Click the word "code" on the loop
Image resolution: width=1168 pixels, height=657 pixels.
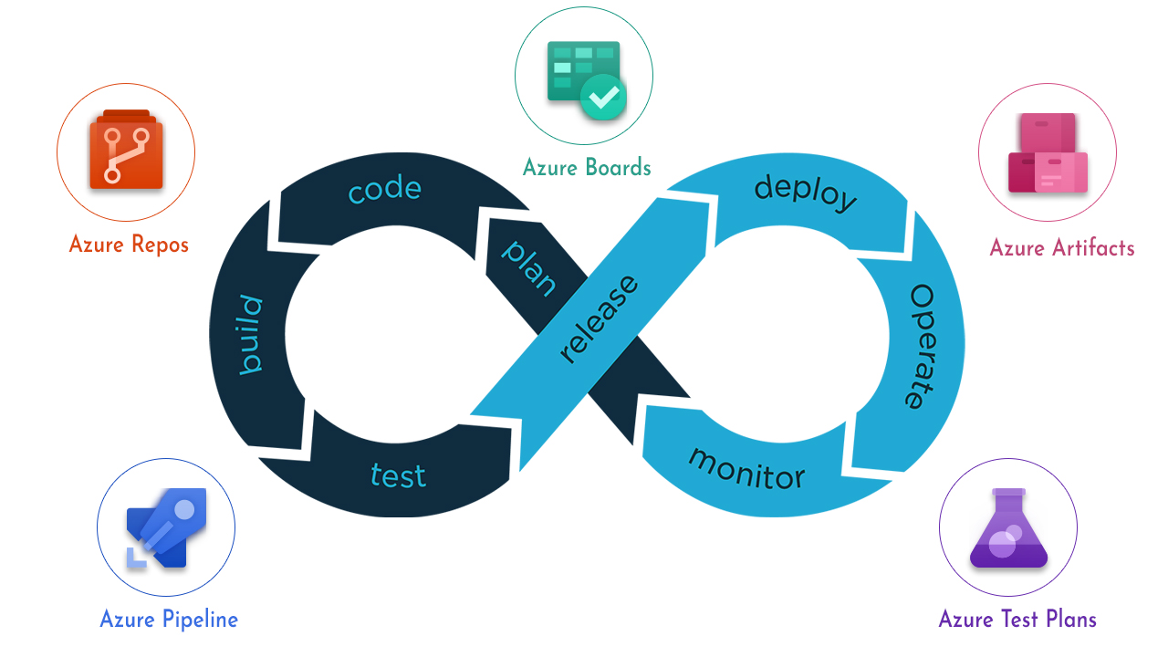pyautogui.click(x=385, y=190)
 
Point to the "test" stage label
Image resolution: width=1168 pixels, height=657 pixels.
pyautogui.click(x=398, y=474)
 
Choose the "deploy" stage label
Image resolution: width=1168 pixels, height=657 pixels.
pyautogui.click(x=806, y=192)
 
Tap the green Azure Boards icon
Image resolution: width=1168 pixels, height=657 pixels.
pyautogui.click(x=585, y=80)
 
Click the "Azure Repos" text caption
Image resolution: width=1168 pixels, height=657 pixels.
pyautogui.click(x=129, y=245)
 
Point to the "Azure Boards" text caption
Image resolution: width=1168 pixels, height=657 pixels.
pyautogui.click(x=587, y=167)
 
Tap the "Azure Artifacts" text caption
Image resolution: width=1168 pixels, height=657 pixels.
pyautogui.click(x=1062, y=248)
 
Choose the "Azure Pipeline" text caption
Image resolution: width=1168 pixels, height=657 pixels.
pyautogui.click(x=169, y=620)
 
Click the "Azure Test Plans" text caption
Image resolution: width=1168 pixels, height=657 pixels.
pyautogui.click(x=1017, y=620)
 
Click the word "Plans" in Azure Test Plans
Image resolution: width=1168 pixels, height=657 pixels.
pyautogui.click(x=1067, y=620)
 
